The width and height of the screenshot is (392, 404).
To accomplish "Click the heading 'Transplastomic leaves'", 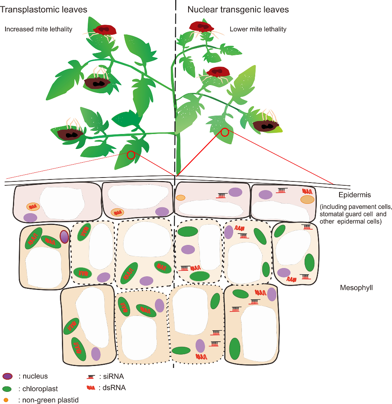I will tap(44, 9).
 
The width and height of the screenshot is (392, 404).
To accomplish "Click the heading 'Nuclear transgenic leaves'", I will tap(238, 9).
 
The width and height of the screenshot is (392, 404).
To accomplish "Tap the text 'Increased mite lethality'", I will tap(38, 29).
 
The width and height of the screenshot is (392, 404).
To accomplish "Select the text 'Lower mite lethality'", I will tap(258, 29).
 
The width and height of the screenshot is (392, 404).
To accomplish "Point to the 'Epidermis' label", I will tap(354, 195).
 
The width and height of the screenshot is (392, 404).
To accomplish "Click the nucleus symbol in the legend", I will tap(7, 377).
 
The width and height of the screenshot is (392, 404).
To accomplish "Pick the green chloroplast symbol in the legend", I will tap(7, 389).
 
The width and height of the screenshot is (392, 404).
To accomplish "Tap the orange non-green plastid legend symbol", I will tap(6, 400).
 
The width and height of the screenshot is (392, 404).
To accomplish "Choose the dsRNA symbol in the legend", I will tap(91, 388).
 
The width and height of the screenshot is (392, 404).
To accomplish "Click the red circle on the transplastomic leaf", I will tap(131, 156).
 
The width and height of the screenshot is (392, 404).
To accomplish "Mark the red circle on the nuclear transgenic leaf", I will tap(225, 132).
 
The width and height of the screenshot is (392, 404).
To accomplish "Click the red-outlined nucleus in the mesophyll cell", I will tap(64, 237).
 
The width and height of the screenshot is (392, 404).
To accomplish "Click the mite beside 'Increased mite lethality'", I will tap(105, 30).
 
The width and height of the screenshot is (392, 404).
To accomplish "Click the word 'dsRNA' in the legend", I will tap(115, 388).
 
